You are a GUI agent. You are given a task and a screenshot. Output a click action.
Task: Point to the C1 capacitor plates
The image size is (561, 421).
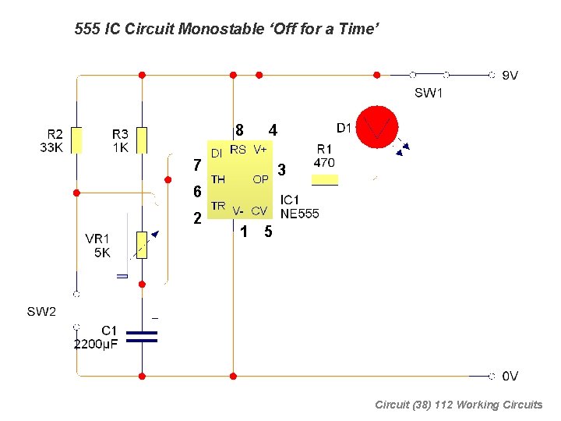tap(142, 336)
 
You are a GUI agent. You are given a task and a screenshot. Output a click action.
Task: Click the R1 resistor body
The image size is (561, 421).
tap(324, 180)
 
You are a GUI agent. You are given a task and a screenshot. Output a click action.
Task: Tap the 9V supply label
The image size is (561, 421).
tap(510, 76)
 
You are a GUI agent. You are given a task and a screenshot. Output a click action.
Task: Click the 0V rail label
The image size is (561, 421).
tap(510, 377)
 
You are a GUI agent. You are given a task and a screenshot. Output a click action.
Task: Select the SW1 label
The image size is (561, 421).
tap(429, 94)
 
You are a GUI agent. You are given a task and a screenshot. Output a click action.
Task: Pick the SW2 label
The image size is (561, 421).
tap(42, 312)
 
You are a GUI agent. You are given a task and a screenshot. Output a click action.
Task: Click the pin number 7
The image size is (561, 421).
tap(197, 165)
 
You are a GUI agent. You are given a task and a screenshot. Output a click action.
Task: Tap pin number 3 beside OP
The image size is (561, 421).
tap(282, 169)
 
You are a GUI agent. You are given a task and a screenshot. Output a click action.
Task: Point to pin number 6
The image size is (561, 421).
tap(197, 192)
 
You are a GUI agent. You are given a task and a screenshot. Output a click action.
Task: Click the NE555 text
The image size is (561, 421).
tap(299, 213)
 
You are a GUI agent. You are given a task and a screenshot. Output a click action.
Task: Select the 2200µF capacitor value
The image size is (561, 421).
tap(96, 344)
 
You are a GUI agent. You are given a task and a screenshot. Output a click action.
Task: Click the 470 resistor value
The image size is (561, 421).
tap(323, 163)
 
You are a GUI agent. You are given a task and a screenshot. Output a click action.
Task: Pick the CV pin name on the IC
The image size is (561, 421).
tap(259, 210)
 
